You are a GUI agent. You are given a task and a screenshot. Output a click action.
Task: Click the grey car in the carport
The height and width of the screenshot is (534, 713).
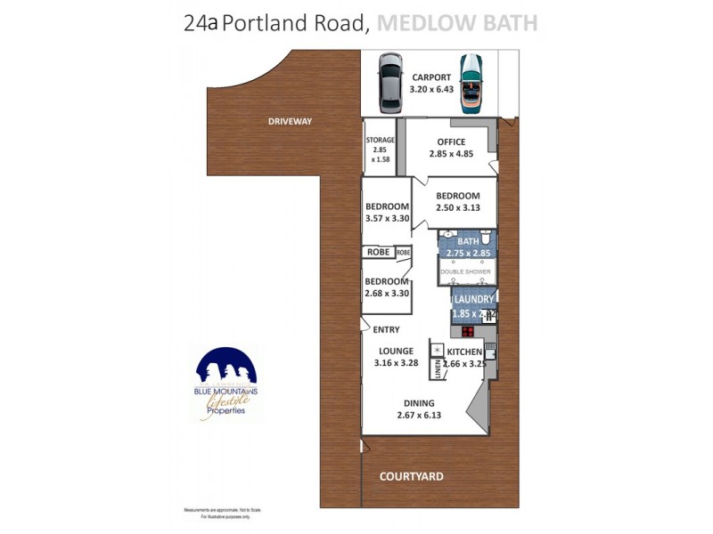[x=390, y=84]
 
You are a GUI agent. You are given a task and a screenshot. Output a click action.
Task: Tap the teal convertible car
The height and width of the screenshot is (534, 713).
[x=471, y=84]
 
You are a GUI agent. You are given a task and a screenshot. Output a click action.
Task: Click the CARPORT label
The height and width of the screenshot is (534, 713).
[x=430, y=77]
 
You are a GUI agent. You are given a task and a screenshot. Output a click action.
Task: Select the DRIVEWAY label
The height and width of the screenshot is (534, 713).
[x=291, y=121]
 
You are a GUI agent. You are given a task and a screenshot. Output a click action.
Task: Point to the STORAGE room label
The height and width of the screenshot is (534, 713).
[x=380, y=140]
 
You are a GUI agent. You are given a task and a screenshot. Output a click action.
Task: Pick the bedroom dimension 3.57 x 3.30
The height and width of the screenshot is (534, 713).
[x=387, y=217]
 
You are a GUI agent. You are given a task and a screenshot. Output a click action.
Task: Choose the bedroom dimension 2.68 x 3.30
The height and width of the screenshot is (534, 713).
[x=387, y=293]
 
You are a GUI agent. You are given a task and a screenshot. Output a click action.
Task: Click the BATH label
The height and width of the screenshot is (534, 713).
[x=468, y=241]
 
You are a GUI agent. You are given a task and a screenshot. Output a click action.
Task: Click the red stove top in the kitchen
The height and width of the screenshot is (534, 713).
[x=467, y=332]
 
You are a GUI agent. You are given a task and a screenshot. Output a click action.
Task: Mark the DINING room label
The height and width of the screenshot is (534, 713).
[x=418, y=402]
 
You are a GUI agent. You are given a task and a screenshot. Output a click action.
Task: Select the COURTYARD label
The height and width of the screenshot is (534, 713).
[x=412, y=477]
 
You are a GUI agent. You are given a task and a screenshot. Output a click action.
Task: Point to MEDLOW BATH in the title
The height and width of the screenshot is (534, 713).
[x=457, y=23]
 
